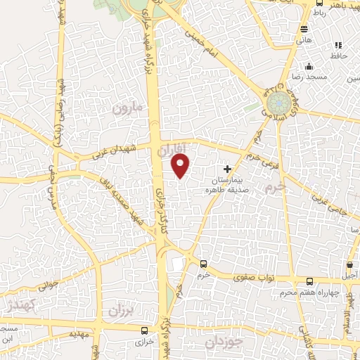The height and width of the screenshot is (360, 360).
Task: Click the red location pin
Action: pyautogui.click(x=181, y=166)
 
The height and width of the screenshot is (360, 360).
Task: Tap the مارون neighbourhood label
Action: pyautogui.click(x=127, y=109)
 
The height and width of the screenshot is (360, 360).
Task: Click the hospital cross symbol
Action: pyautogui.click(x=227, y=169)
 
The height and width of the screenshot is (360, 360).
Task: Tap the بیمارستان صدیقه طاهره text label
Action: pyautogui.click(x=224, y=185)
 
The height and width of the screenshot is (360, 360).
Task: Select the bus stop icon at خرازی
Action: pyautogui.click(x=144, y=330)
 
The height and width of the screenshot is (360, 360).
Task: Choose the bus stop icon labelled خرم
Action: pyautogui.click(x=203, y=264)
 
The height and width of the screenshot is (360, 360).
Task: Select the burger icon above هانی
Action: pyautogui.click(x=304, y=30)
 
